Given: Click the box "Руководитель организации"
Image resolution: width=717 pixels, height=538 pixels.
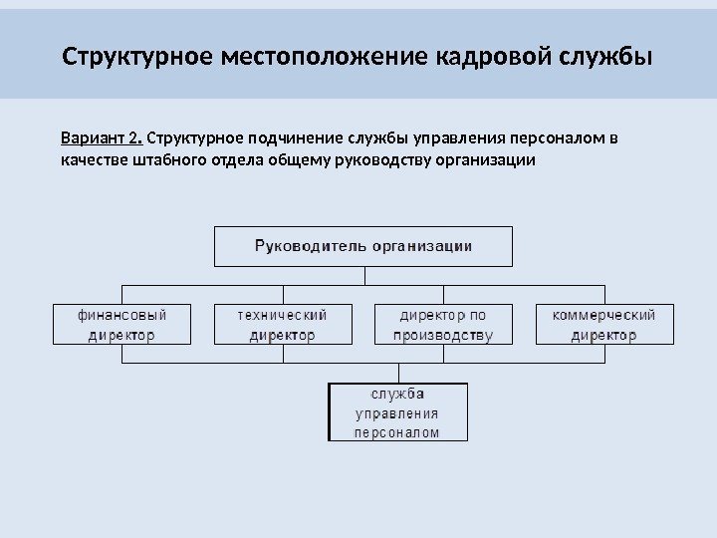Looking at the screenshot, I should click(363, 245).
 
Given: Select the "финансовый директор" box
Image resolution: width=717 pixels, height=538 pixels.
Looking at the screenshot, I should click(121, 325).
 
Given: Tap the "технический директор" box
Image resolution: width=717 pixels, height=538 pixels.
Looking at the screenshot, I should click(283, 325).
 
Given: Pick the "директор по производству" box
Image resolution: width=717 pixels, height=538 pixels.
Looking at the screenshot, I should click(443, 325).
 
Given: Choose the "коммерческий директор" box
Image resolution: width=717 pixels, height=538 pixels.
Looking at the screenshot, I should click(604, 325).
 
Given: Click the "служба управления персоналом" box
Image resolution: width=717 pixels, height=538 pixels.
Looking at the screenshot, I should click(397, 412).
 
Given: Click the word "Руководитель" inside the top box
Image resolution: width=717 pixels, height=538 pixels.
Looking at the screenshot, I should click(310, 245).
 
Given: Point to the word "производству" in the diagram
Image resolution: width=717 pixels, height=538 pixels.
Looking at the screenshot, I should click(443, 336).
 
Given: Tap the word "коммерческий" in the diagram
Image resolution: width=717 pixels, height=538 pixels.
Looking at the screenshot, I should click(604, 315).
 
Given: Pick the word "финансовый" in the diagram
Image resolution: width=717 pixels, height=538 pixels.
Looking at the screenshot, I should click(121, 315).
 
